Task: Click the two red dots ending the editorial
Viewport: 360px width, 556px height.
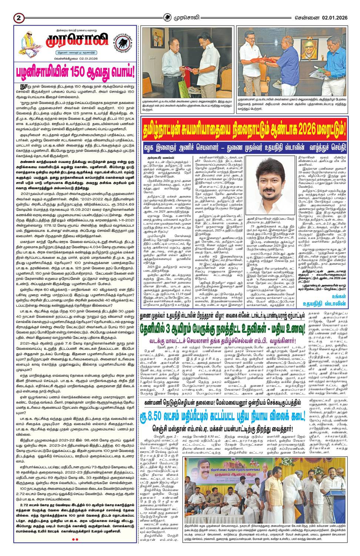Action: (x=75, y=539)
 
